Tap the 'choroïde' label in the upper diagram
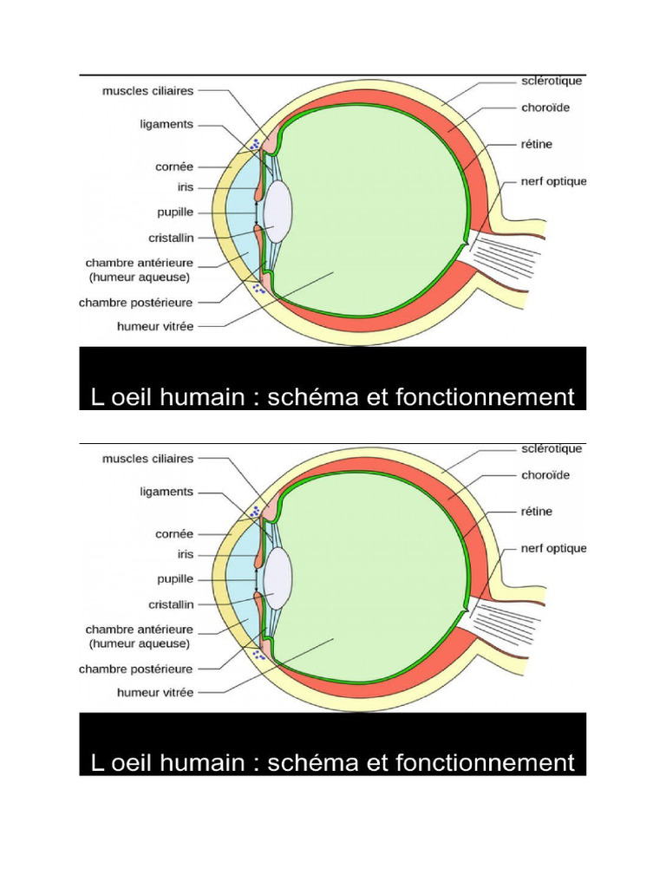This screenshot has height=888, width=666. click(545, 109)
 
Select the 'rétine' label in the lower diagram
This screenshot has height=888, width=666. click(538, 512)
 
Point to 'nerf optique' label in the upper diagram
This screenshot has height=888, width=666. click(553, 181)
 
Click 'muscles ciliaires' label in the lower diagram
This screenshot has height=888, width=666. click(148, 458)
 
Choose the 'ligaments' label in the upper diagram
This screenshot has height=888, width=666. click(166, 124)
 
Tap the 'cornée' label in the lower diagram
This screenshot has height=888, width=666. click(175, 534)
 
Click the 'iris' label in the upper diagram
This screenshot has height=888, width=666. click(184, 186)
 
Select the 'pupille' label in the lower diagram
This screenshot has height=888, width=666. click(172, 578)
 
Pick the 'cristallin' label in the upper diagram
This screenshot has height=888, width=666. click(171, 237)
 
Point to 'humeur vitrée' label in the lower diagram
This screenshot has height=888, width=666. click(155, 692)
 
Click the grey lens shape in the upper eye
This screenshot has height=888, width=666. click(279, 211)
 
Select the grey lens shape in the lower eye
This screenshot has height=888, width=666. click(279, 578)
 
